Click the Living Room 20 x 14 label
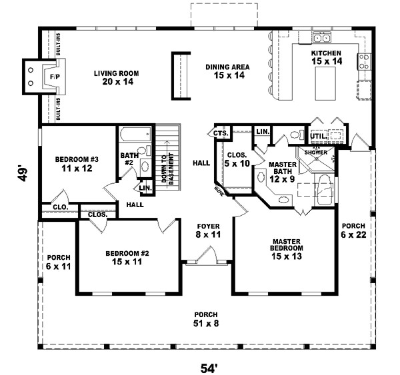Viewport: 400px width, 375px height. click(x=120, y=78)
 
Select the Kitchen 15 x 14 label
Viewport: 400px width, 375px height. click(x=326, y=57)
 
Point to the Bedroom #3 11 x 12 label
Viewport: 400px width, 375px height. click(x=76, y=165)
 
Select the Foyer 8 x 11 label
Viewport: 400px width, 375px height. click(x=208, y=230)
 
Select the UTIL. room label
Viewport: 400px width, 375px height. click(x=317, y=136)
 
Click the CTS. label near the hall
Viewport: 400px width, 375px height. click(x=221, y=133)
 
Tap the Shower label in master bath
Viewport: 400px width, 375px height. click(x=316, y=152)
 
